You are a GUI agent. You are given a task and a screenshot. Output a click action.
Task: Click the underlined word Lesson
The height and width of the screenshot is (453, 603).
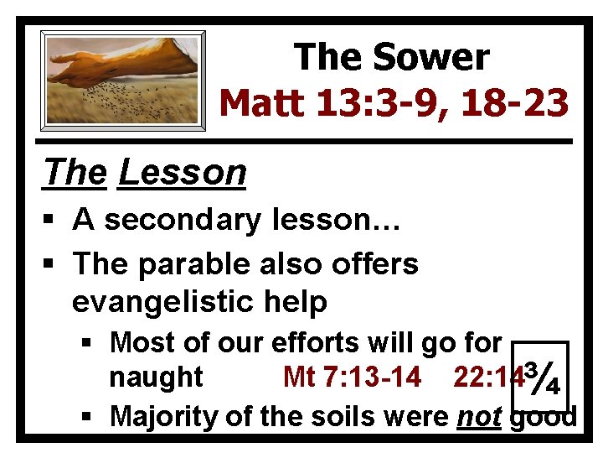[183, 173]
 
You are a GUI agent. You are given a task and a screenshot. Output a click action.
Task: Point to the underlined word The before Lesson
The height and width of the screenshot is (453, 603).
[75, 173]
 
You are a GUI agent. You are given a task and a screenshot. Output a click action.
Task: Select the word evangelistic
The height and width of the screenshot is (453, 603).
[164, 302]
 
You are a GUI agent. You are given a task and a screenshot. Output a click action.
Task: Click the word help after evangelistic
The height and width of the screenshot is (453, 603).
[294, 302]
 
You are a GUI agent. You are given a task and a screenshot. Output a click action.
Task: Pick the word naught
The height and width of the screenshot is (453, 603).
[156, 377]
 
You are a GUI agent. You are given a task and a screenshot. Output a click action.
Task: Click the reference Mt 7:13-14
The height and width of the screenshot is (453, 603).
[352, 377]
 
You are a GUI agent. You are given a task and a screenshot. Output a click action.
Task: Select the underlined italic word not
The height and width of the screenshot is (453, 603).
[479, 415]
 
